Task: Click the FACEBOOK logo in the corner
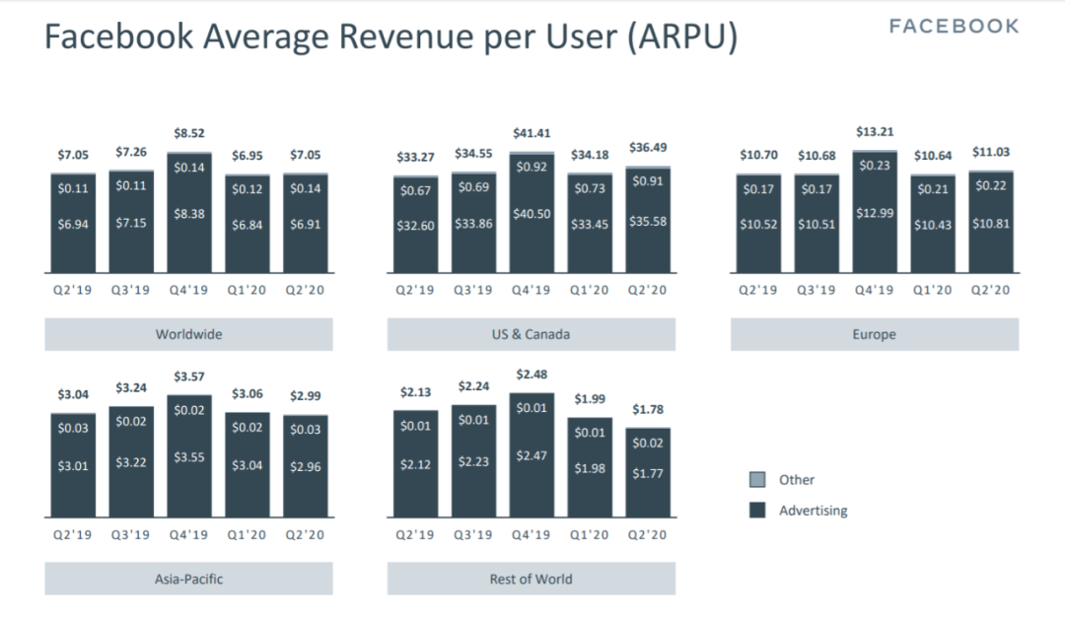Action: point(954,27)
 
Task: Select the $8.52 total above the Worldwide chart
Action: point(189,133)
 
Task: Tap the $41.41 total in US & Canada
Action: point(532,133)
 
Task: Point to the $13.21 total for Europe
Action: point(875,133)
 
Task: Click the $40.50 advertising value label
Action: point(532,214)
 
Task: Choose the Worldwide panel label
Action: point(188,334)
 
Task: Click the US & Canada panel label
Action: point(531,334)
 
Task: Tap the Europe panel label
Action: point(874,334)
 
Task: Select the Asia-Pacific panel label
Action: point(188,579)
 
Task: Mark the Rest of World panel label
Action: point(531,579)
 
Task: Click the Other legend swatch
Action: point(757,480)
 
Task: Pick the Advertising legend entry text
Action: point(813,511)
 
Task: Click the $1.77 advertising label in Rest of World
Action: point(648,474)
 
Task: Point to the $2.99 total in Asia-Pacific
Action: point(305,396)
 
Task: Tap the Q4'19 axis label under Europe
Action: point(875,290)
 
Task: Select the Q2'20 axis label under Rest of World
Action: point(648,535)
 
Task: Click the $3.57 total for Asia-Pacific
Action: point(189,378)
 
